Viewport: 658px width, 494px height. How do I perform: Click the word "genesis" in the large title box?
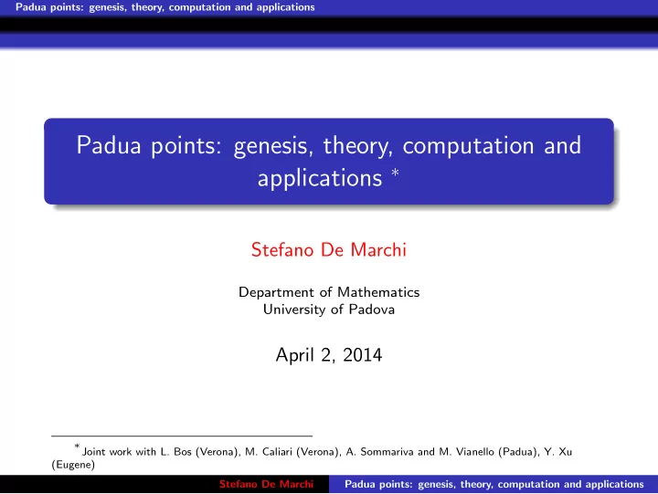tap(272, 146)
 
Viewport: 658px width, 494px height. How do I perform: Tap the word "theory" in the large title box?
tap(357, 146)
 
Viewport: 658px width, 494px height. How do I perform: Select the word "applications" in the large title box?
tap(320, 179)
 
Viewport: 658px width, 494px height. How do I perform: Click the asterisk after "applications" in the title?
tap(395, 172)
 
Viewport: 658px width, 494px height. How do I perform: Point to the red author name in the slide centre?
tap(329, 249)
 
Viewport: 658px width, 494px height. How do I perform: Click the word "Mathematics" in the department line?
tap(378, 292)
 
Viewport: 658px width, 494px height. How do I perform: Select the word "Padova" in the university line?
tap(371, 310)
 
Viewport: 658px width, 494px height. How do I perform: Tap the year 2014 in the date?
tap(363, 355)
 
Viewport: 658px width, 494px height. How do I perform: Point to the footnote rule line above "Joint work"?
tap(182, 436)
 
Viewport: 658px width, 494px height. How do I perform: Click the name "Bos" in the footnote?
tap(182, 452)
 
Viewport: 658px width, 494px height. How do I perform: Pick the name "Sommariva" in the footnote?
tap(387, 452)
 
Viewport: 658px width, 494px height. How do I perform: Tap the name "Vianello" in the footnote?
tap(474, 452)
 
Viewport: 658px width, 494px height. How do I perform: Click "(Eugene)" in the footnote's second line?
tap(73, 465)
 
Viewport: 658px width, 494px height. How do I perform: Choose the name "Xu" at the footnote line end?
tap(566, 452)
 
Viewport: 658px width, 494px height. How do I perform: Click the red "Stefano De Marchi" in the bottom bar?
tap(266, 484)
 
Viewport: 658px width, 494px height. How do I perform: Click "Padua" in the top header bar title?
tap(31, 7)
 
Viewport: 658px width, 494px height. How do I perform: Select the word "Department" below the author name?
tap(276, 292)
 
